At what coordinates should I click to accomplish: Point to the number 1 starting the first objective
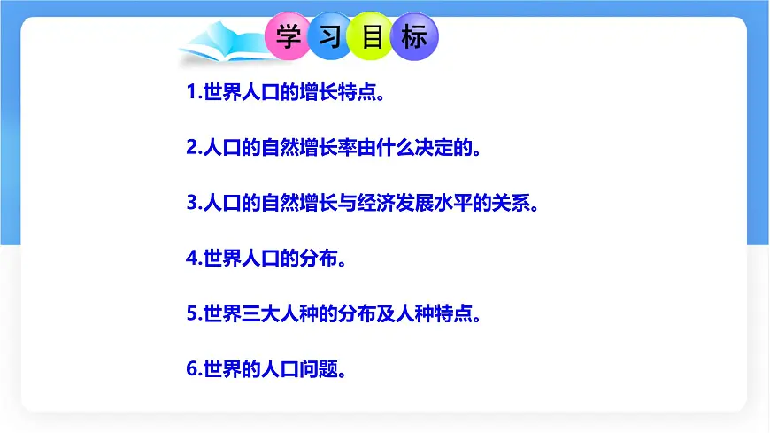[192, 92]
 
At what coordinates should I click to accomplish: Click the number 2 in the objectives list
[192, 147]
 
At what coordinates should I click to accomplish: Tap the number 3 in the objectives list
[192, 203]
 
